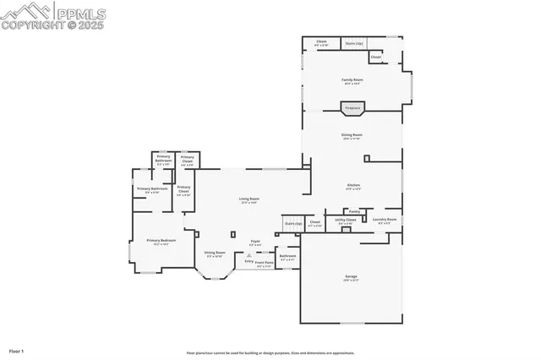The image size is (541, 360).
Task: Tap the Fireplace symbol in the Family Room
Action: point(352,108)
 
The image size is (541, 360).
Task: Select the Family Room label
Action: point(352,80)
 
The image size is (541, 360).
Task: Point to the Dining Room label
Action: point(352,136)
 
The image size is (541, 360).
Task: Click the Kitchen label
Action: point(353,186)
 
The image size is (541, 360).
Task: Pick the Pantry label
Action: point(354,211)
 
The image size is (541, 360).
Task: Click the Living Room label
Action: point(249,200)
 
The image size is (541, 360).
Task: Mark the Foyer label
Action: point(254,243)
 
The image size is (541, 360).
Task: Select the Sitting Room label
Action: point(215,254)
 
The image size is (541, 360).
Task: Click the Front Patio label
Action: point(265,264)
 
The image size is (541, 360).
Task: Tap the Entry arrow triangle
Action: point(249,254)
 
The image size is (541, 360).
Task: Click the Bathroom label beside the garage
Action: point(288,256)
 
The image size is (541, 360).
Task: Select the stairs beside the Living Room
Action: point(292,223)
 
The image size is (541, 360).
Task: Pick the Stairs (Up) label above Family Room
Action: point(354,42)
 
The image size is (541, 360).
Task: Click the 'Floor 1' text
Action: point(17,350)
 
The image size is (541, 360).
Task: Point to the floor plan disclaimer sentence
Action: point(270,353)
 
